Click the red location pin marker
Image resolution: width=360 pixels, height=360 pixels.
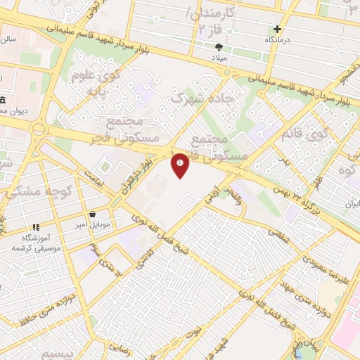point(181,166)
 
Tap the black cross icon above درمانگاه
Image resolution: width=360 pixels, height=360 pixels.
point(278,30)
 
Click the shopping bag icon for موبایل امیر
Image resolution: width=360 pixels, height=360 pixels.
point(92,214)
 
